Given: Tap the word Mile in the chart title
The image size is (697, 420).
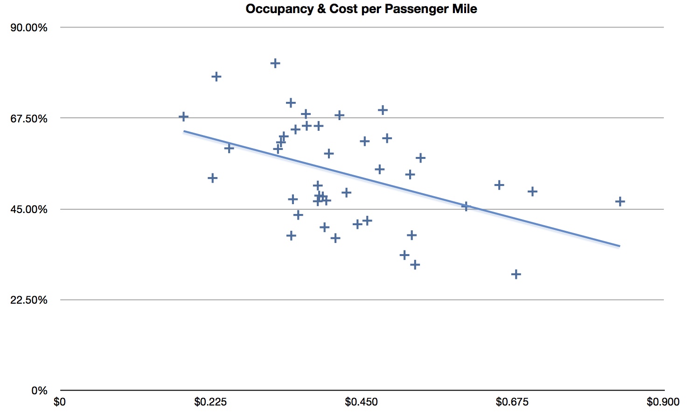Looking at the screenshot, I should point(464,9).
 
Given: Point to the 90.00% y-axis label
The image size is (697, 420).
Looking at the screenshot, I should point(29,28).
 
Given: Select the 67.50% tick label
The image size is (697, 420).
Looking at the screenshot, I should point(29,119).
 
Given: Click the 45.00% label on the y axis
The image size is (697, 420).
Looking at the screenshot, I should point(29,209).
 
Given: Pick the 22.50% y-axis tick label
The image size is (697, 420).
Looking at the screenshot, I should point(29,300).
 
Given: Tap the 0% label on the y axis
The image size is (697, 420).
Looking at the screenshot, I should point(39,391).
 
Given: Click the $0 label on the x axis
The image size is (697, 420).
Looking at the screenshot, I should point(60,402).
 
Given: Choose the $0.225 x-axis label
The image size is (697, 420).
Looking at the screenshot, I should point(210,402).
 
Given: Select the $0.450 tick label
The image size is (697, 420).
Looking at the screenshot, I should point(361,402).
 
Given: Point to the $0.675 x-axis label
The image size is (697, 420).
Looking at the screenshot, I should point(512,402).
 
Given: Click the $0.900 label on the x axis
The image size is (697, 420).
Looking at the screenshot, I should point(663,402).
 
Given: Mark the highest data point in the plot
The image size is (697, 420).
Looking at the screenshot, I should point(275,63).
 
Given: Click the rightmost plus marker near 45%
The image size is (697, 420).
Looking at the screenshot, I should point(620,201).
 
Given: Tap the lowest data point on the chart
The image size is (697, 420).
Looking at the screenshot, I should point(516,274).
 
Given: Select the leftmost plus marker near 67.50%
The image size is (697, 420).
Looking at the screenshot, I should point(183,116).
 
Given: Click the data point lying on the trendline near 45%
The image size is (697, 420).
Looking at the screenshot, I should point(465,206).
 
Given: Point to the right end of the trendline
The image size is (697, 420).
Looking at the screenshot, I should point(620,246).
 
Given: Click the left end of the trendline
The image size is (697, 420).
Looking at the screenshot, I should point(184,131).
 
